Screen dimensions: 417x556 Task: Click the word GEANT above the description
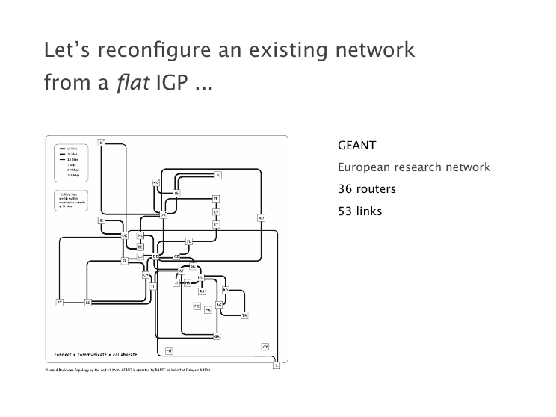pos(357,144)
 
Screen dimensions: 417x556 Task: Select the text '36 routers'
pos(367,189)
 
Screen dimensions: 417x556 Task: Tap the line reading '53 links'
pos(360,211)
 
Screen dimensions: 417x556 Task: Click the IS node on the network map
pos(102,142)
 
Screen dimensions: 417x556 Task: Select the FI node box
pos(217,175)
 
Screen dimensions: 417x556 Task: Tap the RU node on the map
pos(262,218)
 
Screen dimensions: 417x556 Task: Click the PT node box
pos(59,303)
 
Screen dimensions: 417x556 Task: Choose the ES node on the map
pos(87,303)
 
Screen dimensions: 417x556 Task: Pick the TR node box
pos(244,316)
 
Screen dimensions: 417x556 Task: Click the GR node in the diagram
pos(217,337)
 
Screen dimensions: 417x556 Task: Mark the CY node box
pos(265,347)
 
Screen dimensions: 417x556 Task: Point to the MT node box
pos(170,350)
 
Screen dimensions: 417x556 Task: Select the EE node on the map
pos(216,199)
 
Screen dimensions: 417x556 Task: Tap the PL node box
pos(190,241)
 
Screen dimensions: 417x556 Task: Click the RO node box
pos(226,289)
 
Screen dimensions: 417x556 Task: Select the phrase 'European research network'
pos(414,167)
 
